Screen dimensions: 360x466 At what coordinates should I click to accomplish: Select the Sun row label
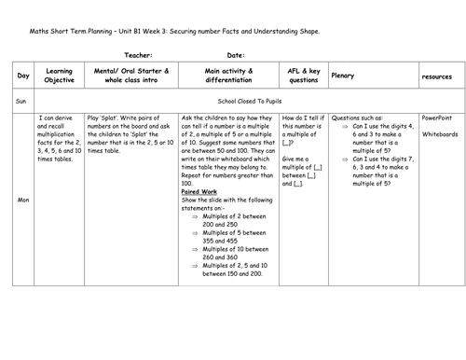pos(20,97)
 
